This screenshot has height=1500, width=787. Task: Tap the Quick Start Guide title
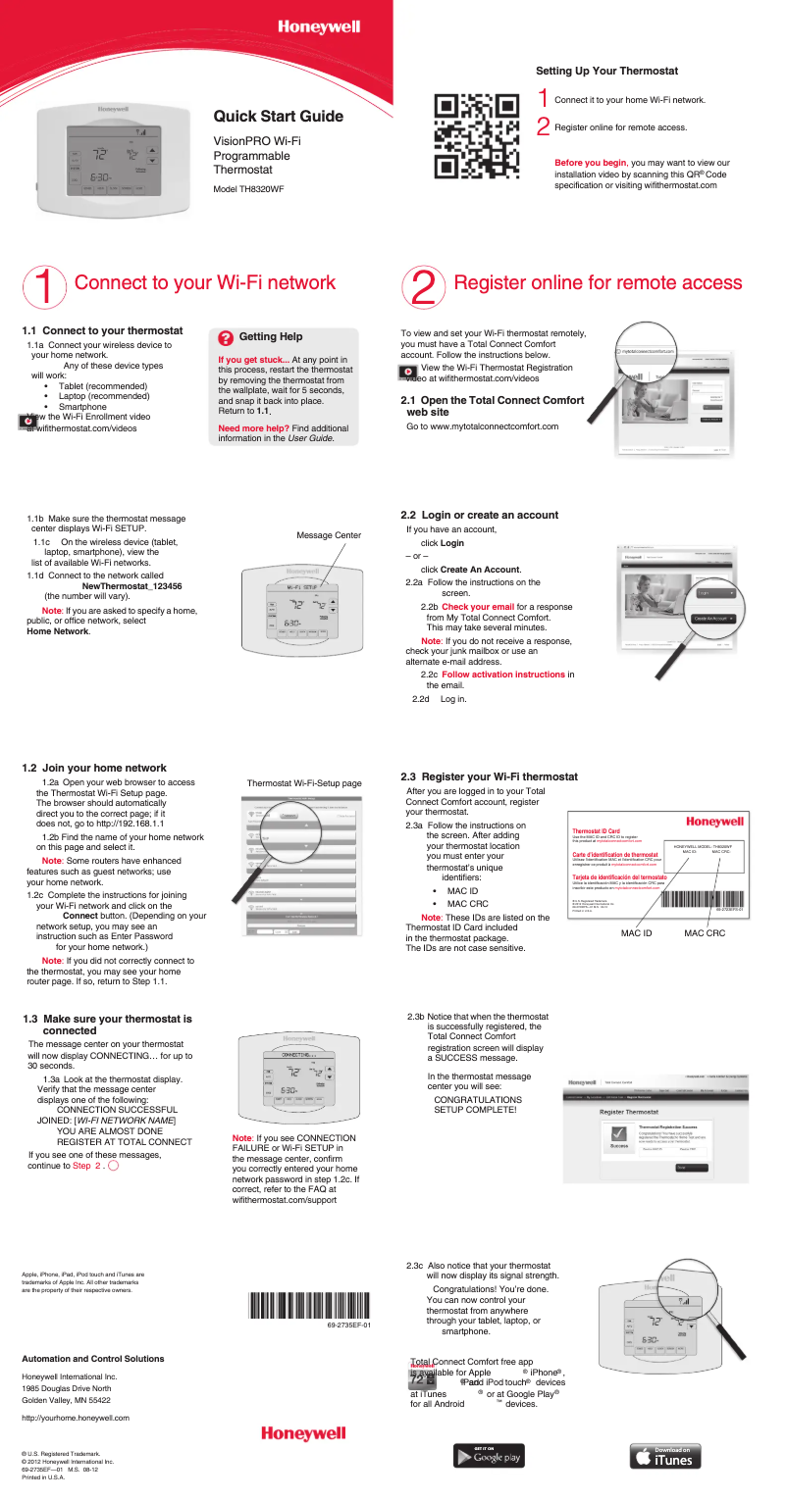pos(278,117)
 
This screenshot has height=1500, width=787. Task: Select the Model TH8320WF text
pos(248,188)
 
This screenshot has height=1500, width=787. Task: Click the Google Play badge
pos(489,1456)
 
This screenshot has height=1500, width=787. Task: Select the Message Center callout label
pos(329,535)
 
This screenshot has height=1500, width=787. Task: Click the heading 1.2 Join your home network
pos(94,768)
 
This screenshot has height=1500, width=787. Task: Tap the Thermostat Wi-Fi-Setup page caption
pos(304,783)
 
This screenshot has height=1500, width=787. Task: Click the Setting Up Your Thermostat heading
pos(606,71)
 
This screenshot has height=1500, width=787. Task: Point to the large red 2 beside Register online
pos(423,284)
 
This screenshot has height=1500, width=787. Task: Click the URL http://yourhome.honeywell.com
pos(76,1418)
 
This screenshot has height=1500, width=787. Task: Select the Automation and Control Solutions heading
pos(92,1359)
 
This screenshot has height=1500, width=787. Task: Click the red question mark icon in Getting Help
pos(226,337)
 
